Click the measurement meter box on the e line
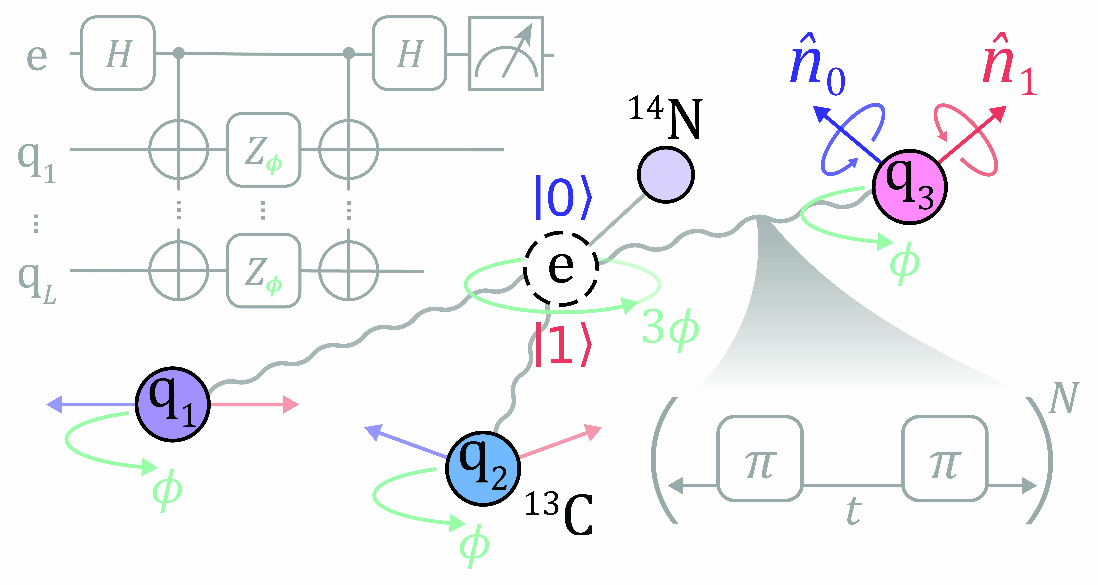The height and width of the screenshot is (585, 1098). click(x=506, y=53)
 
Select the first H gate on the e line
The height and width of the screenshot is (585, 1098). click(x=118, y=53)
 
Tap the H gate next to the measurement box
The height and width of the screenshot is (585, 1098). click(x=409, y=53)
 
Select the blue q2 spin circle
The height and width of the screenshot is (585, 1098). click(x=483, y=468)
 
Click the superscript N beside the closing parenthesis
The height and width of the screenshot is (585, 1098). click(x=1063, y=399)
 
